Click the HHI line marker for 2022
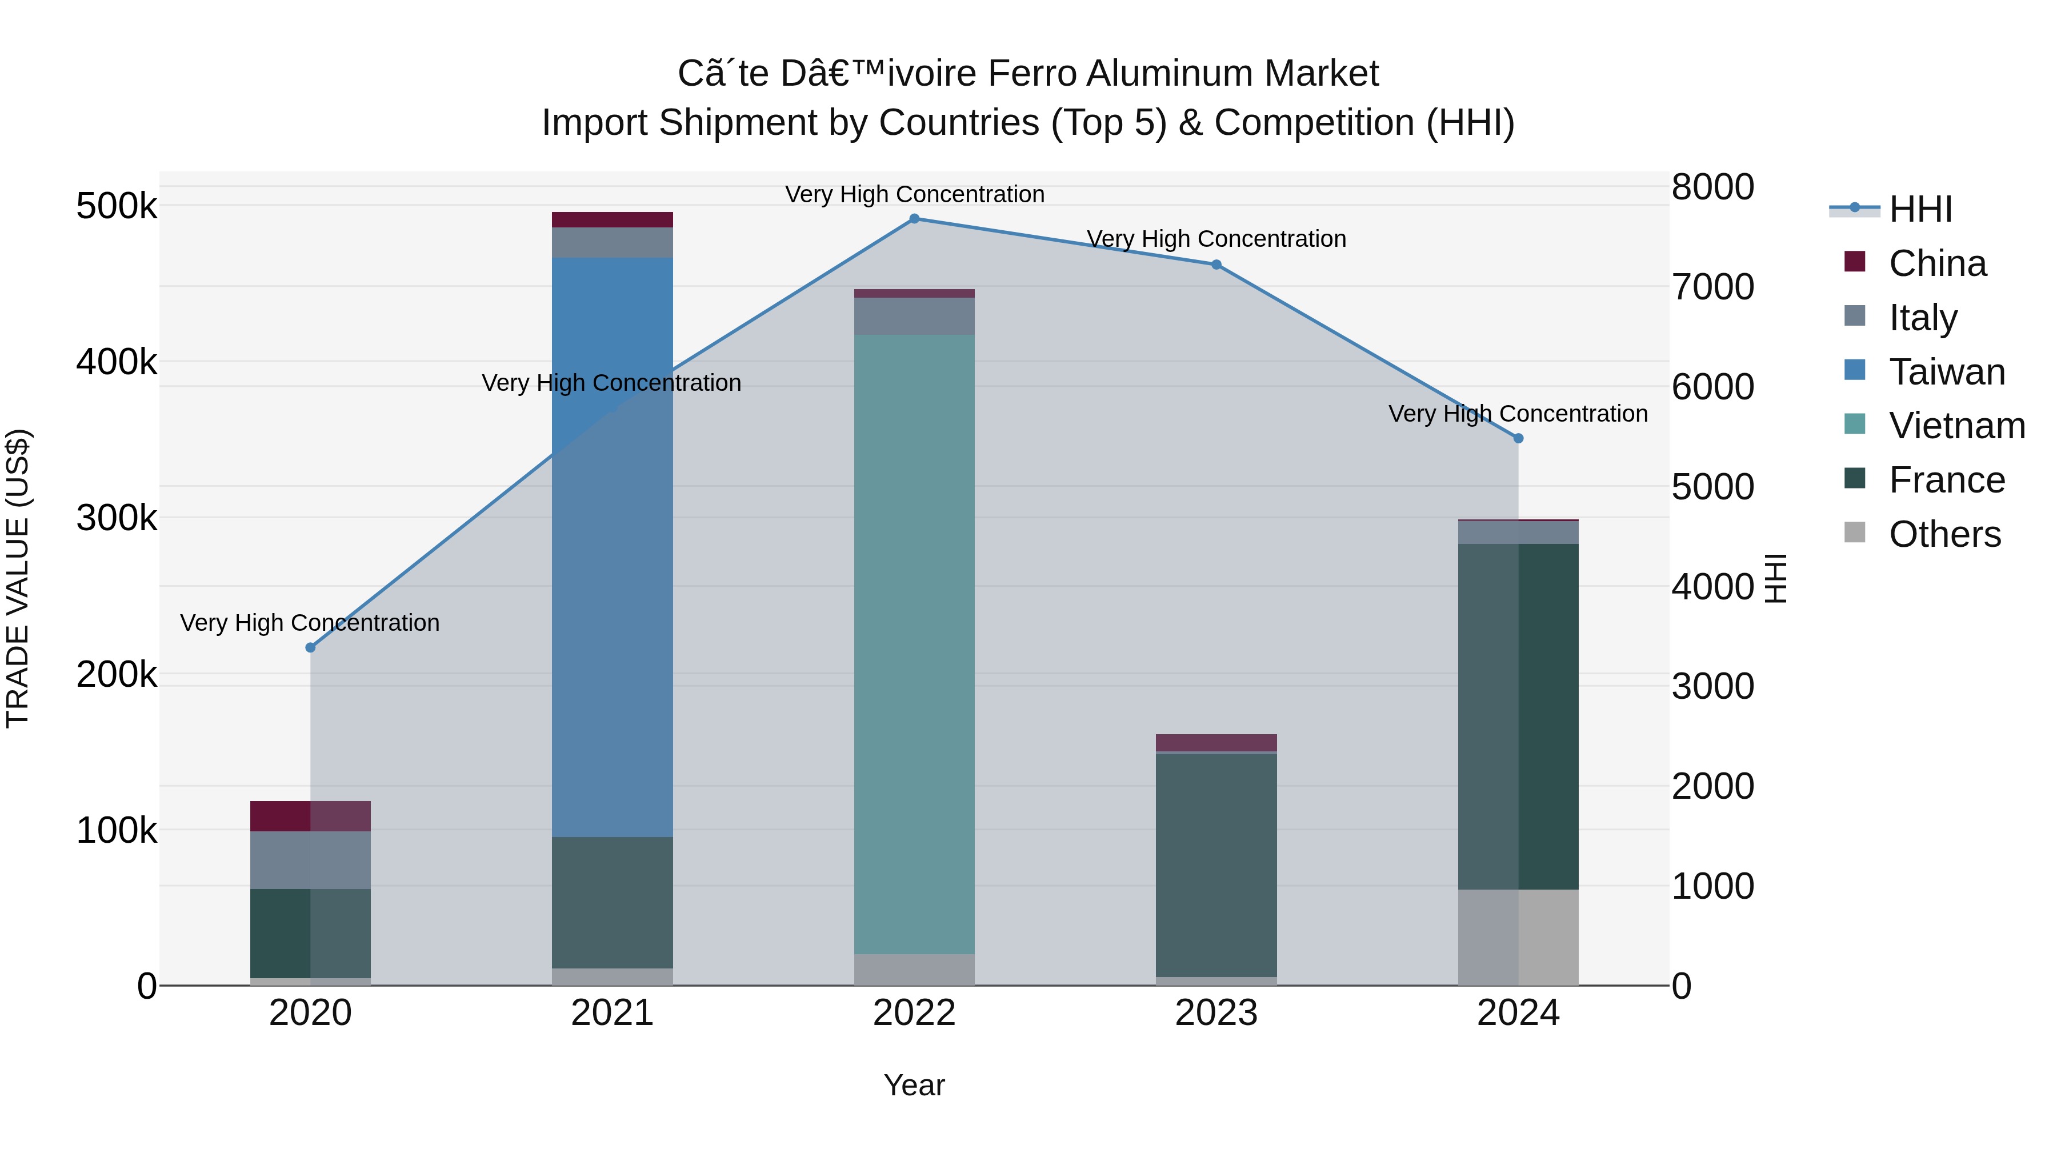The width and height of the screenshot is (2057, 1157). pos(914,219)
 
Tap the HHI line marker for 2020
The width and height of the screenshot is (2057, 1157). pos(311,647)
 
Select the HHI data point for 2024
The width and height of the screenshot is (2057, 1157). pos(1518,438)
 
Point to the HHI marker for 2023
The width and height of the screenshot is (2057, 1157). pos(1216,265)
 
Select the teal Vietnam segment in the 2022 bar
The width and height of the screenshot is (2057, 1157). pos(914,639)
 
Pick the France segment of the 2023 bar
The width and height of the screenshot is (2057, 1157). pos(1216,862)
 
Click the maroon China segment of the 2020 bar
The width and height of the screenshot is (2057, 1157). pos(311,816)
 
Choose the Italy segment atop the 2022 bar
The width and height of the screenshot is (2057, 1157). pos(914,316)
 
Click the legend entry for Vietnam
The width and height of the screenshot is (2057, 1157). pos(1956,426)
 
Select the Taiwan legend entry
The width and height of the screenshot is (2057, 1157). pos(1946,372)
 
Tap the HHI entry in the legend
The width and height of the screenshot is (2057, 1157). pos(1920,209)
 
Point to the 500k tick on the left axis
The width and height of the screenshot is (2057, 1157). pos(117,207)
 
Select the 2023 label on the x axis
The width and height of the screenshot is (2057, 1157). pos(1216,1013)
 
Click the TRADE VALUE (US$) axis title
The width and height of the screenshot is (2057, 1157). pos(18,578)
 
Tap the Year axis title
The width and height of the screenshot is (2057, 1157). pos(914,1085)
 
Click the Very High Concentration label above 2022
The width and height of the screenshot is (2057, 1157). pos(914,194)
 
